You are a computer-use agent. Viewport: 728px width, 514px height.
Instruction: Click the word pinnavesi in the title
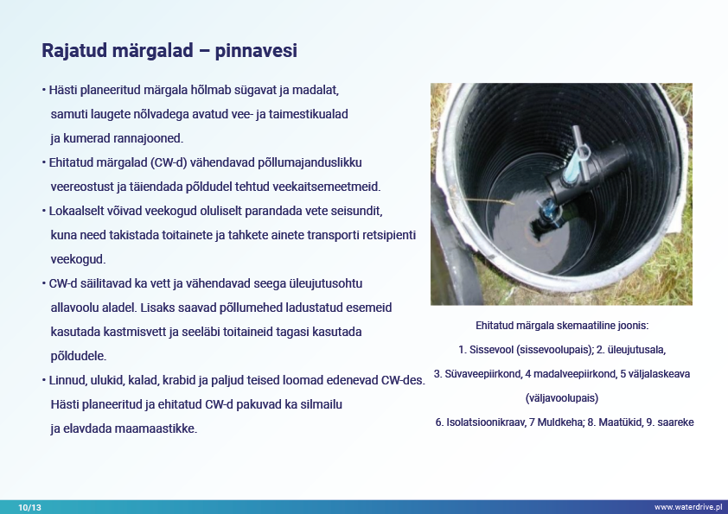(x=256, y=51)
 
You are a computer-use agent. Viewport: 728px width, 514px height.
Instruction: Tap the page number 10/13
(x=29, y=507)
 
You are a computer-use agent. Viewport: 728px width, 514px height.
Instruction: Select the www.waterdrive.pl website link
(x=688, y=507)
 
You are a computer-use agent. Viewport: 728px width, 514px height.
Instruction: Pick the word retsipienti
(x=389, y=235)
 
